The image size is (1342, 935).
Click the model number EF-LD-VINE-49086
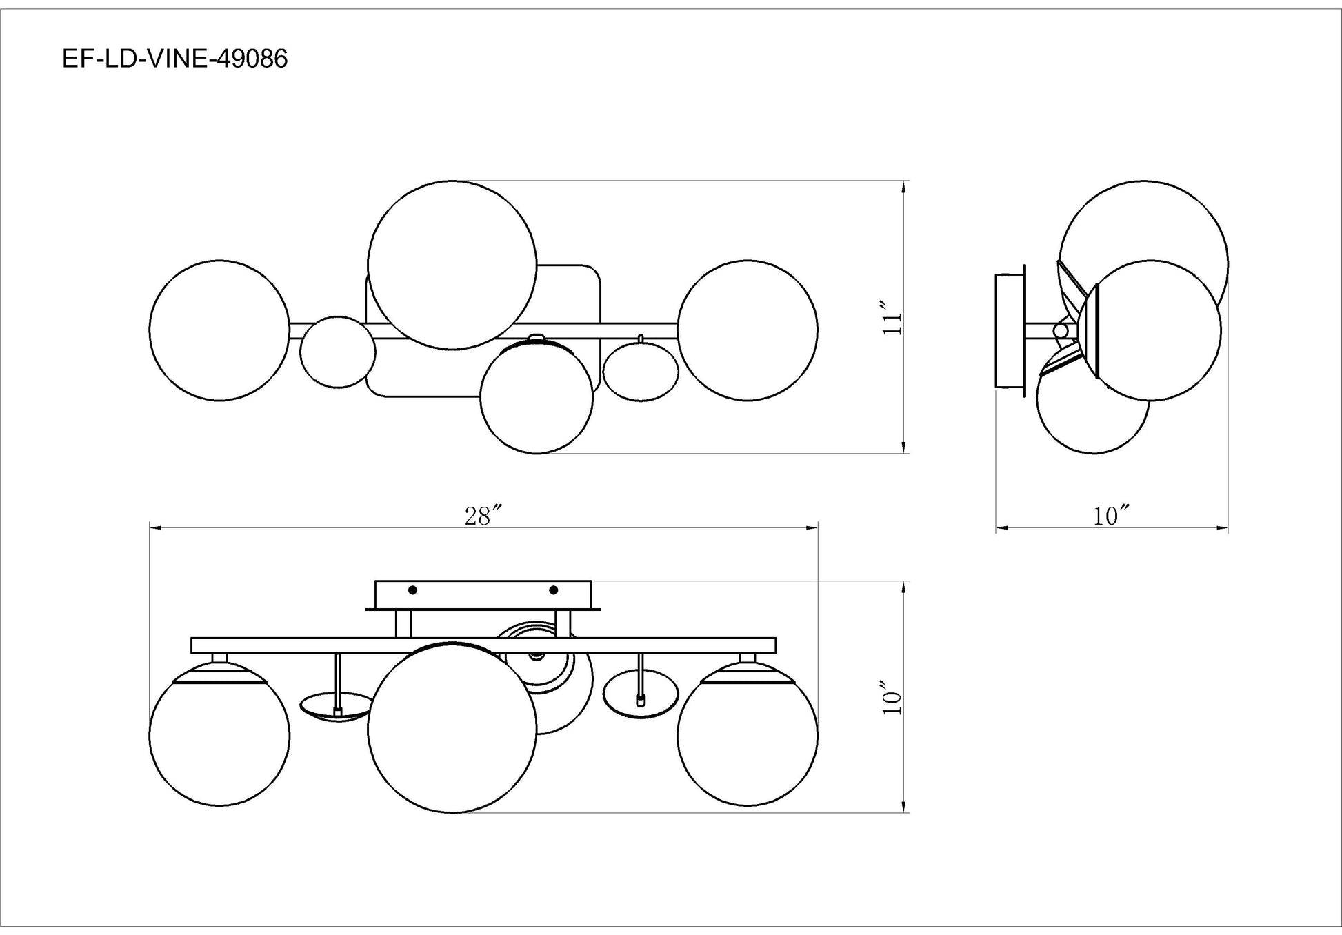pyautogui.click(x=174, y=59)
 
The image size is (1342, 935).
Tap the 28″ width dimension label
pyautogui.click(x=482, y=516)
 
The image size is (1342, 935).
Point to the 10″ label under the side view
pyautogui.click(x=1111, y=516)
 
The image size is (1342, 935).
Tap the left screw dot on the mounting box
pyautogui.click(x=412, y=590)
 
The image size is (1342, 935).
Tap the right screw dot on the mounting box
pyautogui.click(x=553, y=590)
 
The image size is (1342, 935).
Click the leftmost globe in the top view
pyautogui.click(x=219, y=330)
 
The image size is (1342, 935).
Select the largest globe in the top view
pyautogui.click(x=452, y=265)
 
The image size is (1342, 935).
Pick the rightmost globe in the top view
pyautogui.click(x=748, y=330)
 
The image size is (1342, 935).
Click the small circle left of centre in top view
pyautogui.click(x=338, y=352)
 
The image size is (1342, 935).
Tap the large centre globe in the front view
pyautogui.click(x=452, y=728)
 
